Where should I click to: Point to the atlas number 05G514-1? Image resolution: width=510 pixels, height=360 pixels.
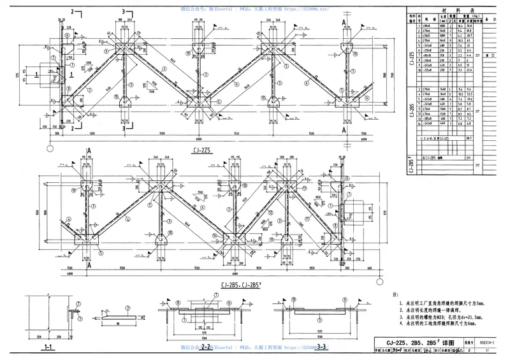pos(488,342)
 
